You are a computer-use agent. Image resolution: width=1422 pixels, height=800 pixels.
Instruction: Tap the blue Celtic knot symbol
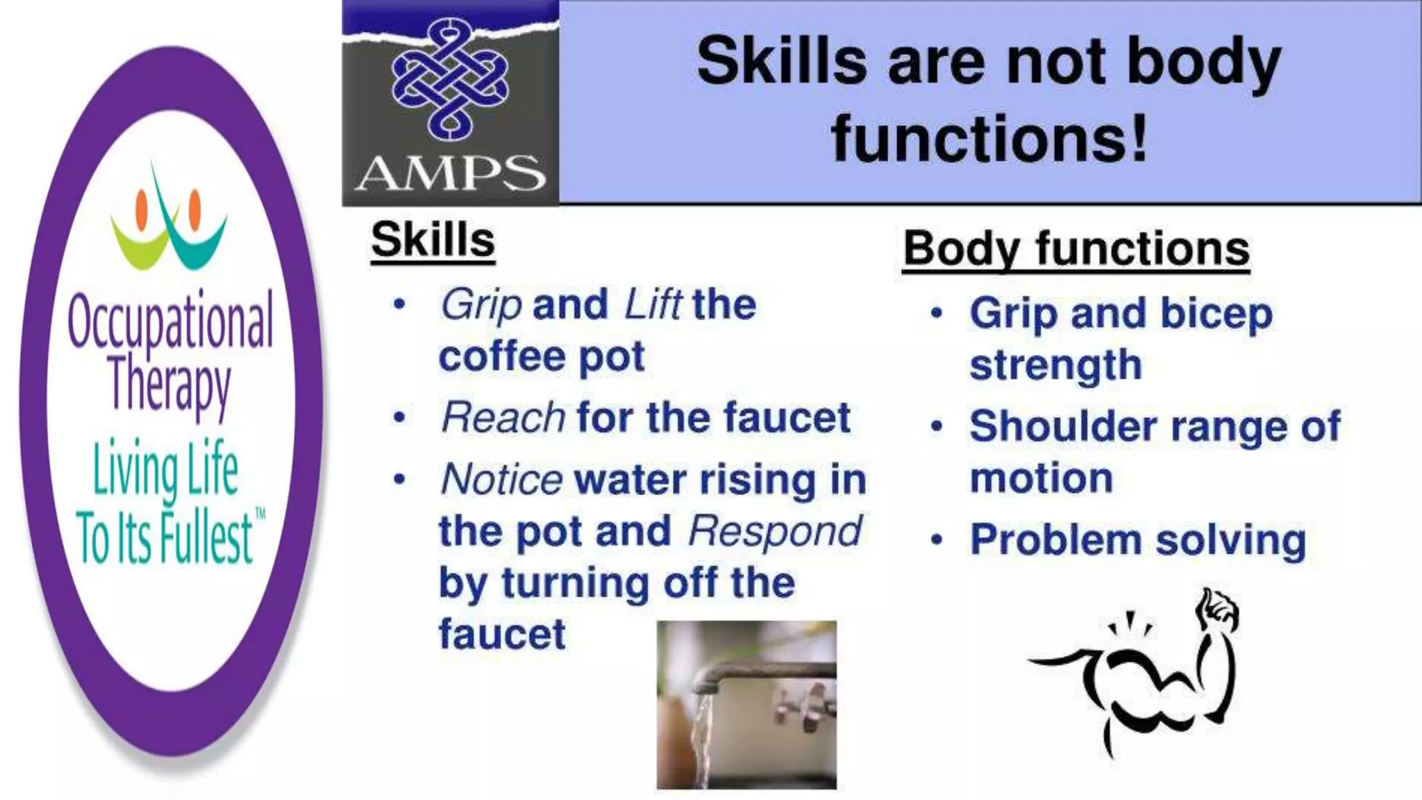(449, 78)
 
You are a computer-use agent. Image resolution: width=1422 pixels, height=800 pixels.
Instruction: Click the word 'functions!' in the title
(989, 139)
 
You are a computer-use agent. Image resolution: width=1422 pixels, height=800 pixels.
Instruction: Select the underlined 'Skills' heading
(433, 240)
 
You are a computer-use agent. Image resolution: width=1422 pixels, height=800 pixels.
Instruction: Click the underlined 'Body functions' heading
(1076, 249)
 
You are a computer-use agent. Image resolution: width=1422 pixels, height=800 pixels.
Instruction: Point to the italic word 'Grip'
(481, 304)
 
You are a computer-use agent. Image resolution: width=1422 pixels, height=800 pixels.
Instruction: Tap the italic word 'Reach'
(503, 417)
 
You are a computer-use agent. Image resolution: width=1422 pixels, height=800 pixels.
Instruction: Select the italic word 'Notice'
(501, 479)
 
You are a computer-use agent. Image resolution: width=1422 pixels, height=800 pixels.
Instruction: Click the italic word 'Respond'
(774, 531)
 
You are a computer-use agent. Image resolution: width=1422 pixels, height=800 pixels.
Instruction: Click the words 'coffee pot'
(542, 357)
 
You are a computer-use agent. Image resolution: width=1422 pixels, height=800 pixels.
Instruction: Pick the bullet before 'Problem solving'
(937, 540)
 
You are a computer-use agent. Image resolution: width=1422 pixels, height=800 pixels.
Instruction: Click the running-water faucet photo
(746, 705)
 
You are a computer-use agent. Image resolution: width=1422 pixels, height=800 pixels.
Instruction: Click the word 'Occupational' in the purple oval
(171, 322)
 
